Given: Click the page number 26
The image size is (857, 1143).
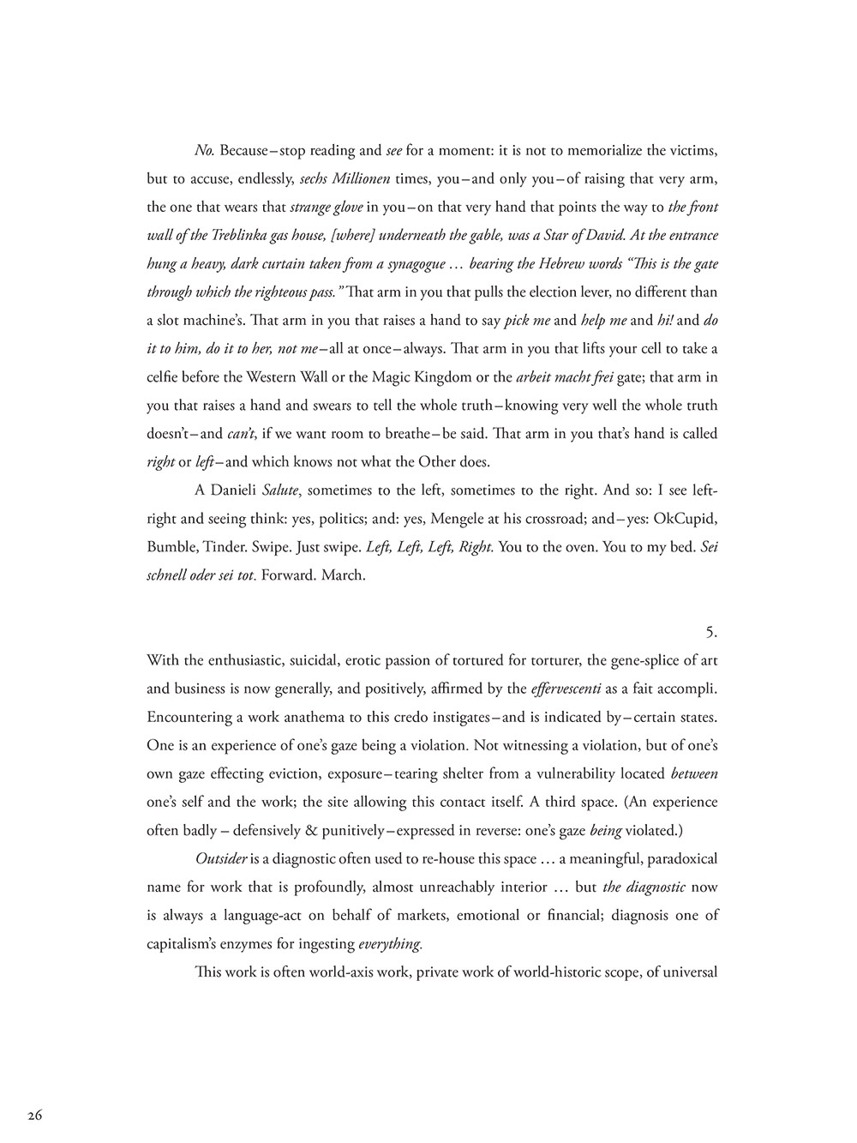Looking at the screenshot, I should click(35, 1115).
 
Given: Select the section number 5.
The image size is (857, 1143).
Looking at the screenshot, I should click(710, 632).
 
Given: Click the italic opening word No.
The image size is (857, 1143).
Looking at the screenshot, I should click(204, 151).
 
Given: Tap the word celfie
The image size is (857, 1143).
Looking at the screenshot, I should click(165, 376).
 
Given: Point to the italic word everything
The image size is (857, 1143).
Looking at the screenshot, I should click(390, 943).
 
